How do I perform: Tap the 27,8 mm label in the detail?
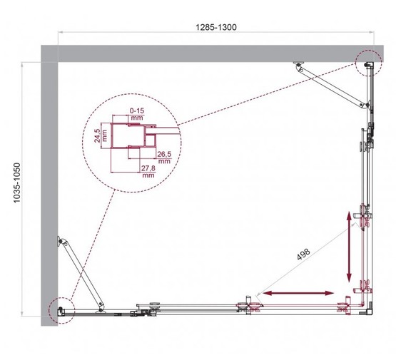pos(148,170)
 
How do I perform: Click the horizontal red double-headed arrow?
pos(298,292)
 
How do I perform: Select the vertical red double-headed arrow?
pos(350,248)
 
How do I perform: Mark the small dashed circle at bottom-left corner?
pos(60,308)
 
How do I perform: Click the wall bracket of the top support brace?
pos(296,67)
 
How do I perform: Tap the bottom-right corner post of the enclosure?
pos(368,307)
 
